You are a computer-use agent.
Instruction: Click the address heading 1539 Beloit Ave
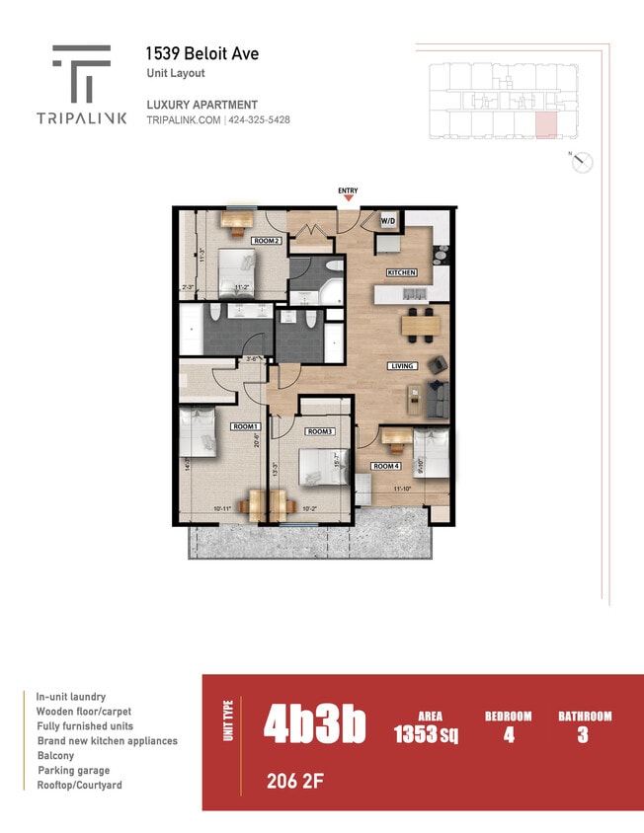pos(202,54)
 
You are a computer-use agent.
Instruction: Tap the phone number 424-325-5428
pos(260,119)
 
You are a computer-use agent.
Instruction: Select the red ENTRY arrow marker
pos(348,198)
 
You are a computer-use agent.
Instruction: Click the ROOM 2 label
pos(267,241)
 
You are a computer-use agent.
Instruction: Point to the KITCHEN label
pos(401,272)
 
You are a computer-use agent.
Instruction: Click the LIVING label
pos(402,365)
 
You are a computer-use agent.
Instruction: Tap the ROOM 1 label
pos(245,426)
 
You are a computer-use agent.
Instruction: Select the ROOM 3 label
pos(319,431)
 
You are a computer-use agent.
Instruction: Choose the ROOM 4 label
pos(385,466)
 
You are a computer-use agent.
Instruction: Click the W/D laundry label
pos(388,220)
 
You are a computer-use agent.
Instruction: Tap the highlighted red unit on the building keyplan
pos(546,124)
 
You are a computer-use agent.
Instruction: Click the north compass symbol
pos(583,163)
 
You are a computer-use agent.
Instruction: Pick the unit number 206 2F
pos(294,783)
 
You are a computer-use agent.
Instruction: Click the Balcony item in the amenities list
pos(56,756)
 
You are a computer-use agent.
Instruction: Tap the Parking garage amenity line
pos(74,771)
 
